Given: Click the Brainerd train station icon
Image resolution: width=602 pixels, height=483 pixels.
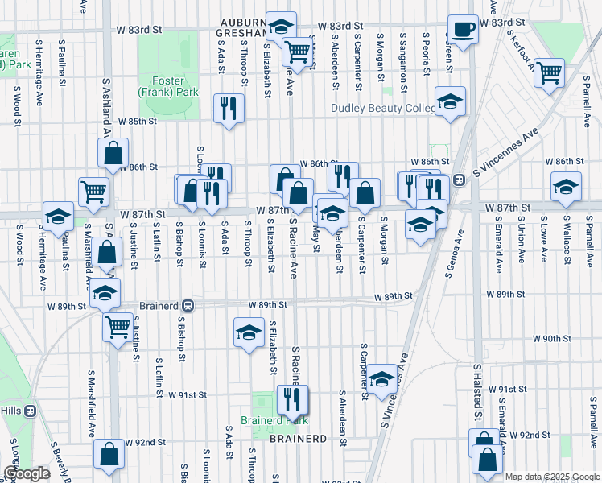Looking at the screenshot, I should pos(188,306).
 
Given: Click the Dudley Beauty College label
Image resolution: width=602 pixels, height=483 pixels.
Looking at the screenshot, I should pos(383,109).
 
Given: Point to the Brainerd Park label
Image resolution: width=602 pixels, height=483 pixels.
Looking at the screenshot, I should pos(274,420).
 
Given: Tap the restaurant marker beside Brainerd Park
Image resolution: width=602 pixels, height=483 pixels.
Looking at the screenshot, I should pos(289,398).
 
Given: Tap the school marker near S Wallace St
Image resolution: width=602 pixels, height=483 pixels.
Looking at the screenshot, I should pos(566,187).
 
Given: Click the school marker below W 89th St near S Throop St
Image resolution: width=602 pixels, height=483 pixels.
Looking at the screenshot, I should pos(249,331).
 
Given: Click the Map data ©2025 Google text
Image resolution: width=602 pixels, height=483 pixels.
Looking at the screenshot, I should pos(551,477).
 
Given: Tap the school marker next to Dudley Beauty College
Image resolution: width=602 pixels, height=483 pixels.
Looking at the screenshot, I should pos(450,102).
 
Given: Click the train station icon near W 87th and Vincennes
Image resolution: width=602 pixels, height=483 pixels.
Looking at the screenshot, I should pos(459,180).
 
